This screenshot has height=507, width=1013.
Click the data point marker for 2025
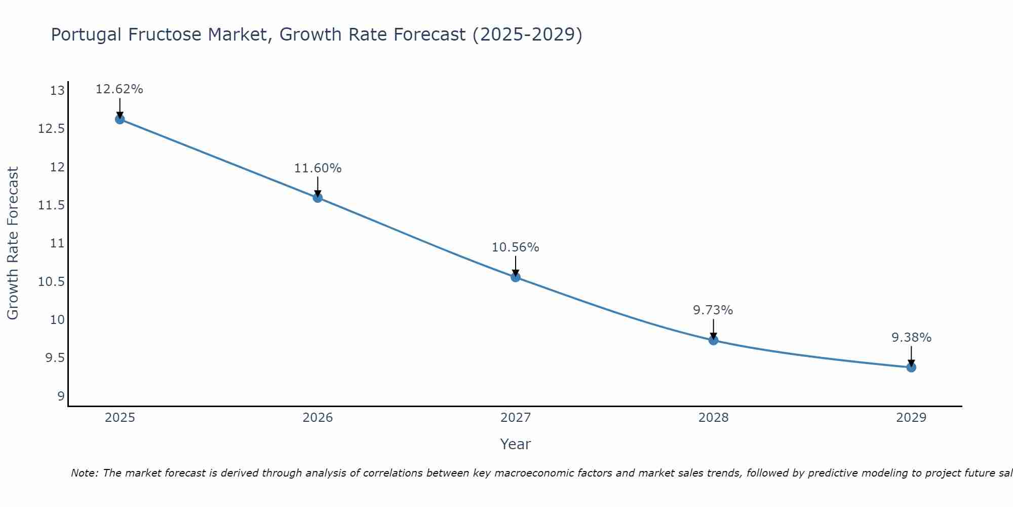[x=120, y=120]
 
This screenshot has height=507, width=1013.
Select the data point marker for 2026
[x=318, y=198]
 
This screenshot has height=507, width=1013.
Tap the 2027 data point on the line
[x=516, y=277]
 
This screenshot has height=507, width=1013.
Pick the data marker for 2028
[x=713, y=340]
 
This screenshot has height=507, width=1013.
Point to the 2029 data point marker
[x=911, y=367]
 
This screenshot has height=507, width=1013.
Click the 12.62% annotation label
[x=120, y=89]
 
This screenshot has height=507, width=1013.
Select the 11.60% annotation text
[x=318, y=168]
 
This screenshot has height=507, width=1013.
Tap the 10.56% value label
[x=516, y=247]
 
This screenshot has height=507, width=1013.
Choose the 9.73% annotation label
[x=713, y=310]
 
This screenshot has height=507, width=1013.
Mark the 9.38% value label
[x=911, y=338]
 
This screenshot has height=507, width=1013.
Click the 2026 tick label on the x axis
[x=318, y=418]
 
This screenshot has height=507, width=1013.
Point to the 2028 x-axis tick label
[x=713, y=418]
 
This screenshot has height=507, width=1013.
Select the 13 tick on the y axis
[x=58, y=91]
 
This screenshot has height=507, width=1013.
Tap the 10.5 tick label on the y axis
[x=52, y=282]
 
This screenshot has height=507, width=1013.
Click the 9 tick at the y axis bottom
[x=61, y=396]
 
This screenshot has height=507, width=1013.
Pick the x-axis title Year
[x=515, y=444]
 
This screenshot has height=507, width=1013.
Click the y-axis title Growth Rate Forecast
[x=13, y=243]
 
